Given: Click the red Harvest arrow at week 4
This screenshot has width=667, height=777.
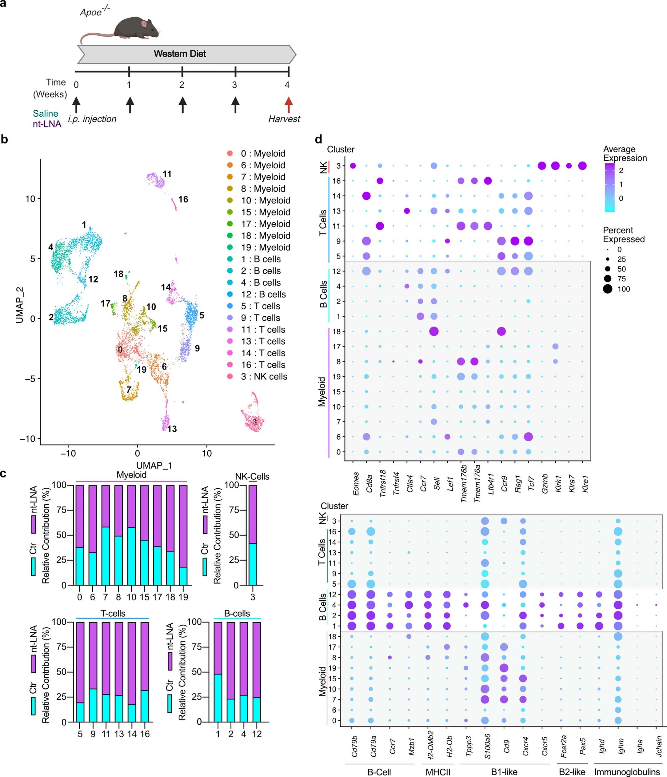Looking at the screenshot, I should point(288,105).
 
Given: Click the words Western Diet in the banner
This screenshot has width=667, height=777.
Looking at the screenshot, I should point(180,54).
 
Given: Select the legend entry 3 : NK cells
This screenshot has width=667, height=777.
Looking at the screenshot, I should point(264,377).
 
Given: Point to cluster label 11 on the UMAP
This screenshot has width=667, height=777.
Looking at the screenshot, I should point(167,174).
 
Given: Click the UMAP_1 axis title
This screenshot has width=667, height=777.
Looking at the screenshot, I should point(154,465).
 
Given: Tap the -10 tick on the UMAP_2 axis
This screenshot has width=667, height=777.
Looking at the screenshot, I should point(27,439).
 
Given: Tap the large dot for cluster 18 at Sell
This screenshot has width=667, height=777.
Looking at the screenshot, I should point(434,331).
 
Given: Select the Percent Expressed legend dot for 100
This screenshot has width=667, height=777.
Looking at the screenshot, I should point(608,289).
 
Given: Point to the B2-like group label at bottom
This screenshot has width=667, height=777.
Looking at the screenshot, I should point(572,772).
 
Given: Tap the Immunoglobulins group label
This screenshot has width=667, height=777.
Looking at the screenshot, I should point(627,772).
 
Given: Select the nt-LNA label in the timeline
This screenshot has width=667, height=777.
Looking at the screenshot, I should point(47,124).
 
